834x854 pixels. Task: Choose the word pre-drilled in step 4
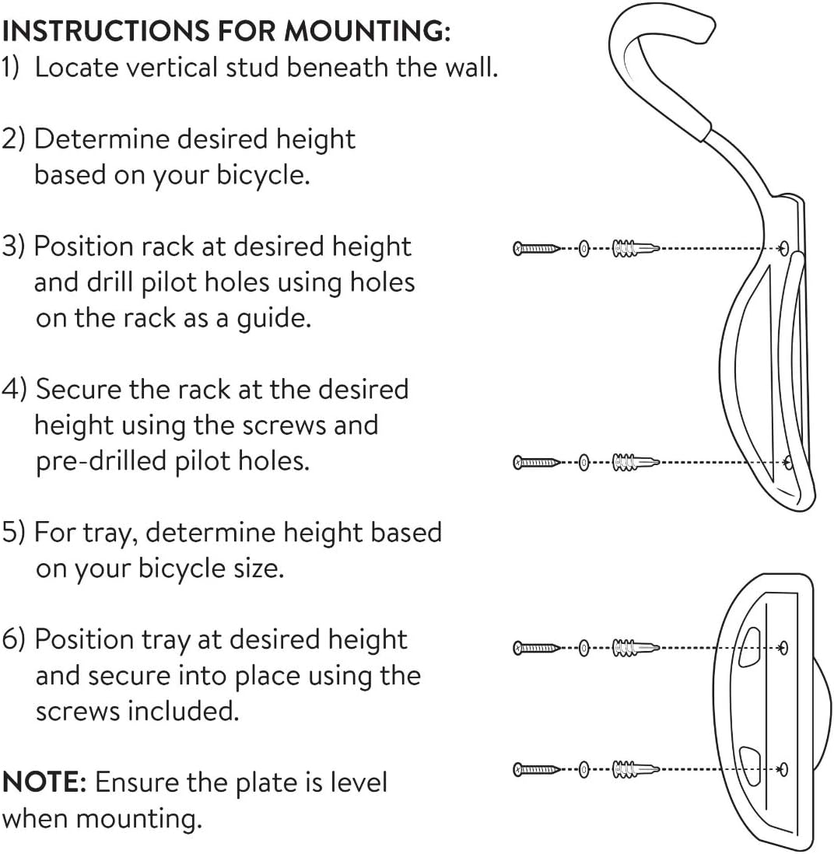pos(106,460)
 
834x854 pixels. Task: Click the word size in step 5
pos(257,568)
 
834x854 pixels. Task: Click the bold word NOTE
pos(42,782)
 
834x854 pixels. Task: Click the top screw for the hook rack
pos(535,249)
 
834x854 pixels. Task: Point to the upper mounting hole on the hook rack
pos(784,248)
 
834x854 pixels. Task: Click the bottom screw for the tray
pos(535,770)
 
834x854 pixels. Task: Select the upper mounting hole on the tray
pos(783,646)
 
